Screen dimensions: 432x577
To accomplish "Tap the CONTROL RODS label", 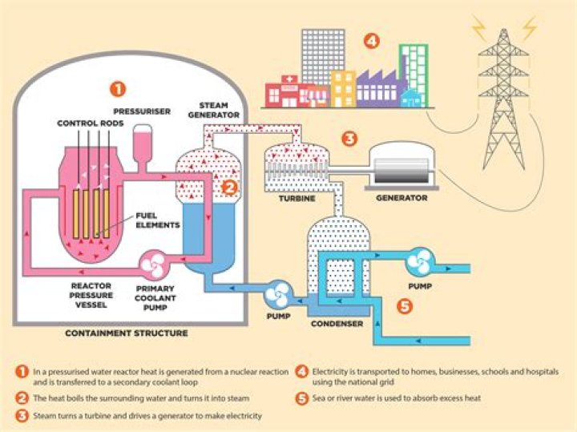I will pos(85,123).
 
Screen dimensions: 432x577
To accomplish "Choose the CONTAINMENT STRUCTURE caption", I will pos(126,333).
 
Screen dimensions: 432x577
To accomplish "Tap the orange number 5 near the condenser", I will pos(404,305).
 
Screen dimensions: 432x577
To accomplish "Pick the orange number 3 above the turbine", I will pos(349,138).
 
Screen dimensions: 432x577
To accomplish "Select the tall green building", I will pos(413,69).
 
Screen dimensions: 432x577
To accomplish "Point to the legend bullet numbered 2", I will pos(23,398).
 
